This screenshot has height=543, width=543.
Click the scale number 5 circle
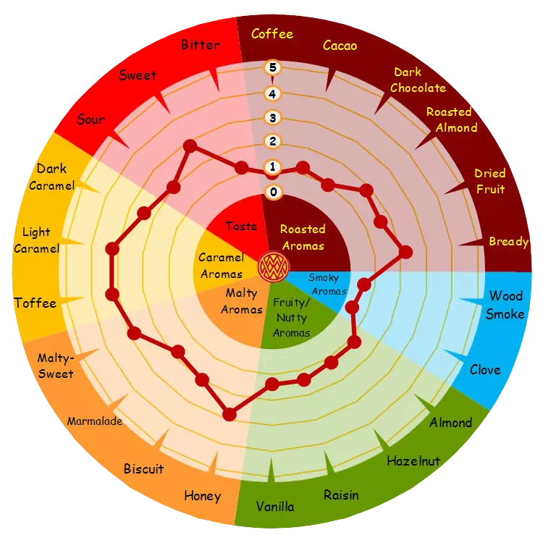click(272, 67)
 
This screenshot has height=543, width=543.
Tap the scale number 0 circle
click(273, 192)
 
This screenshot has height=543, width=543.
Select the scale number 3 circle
click(272, 118)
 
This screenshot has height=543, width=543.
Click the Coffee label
click(271, 34)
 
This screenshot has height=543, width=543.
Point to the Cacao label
click(340, 46)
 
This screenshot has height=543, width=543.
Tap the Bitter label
click(201, 45)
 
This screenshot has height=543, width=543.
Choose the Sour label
click(90, 119)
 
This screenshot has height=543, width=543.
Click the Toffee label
click(35, 303)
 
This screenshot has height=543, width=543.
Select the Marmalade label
click(95, 421)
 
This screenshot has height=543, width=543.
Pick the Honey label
click(203, 496)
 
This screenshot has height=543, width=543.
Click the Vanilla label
click(275, 507)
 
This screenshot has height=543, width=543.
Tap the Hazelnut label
click(413, 461)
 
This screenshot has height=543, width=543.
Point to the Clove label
click(485, 370)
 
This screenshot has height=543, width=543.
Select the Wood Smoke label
click(505, 305)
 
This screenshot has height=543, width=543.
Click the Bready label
click(509, 242)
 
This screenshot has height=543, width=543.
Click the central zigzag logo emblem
click(274, 267)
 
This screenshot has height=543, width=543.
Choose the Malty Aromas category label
click(242, 301)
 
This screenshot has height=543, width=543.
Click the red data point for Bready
click(405, 252)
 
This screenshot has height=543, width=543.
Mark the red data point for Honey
click(230, 414)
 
